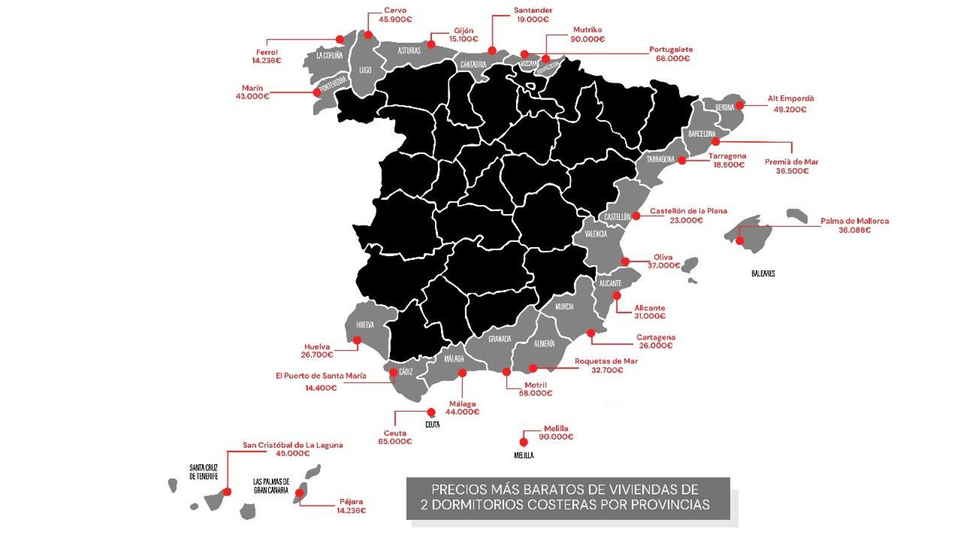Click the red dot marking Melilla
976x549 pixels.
click(x=523, y=442)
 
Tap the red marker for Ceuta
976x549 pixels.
click(x=431, y=412)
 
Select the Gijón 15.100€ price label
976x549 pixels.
click(x=464, y=35)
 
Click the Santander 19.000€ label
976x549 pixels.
click(x=533, y=15)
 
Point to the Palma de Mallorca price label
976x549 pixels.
click(x=854, y=225)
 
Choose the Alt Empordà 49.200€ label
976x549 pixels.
click(x=790, y=104)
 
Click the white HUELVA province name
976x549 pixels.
click(x=365, y=325)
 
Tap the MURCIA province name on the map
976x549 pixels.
click(x=564, y=307)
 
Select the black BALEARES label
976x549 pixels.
click(x=763, y=274)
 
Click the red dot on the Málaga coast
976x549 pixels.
click(x=462, y=373)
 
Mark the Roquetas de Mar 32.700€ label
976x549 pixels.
click(x=606, y=365)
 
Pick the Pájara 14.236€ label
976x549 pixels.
click(x=351, y=506)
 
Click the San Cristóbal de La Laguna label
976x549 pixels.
click(x=293, y=449)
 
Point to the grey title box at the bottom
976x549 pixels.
click(x=568, y=498)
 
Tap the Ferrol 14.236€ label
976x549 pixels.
click(x=267, y=56)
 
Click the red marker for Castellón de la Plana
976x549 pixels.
click(x=636, y=216)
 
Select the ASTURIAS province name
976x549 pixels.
click(x=409, y=51)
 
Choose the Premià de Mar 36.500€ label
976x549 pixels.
click(x=792, y=166)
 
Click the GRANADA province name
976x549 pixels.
click(x=500, y=339)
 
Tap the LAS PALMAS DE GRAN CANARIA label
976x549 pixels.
click(x=271, y=486)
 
